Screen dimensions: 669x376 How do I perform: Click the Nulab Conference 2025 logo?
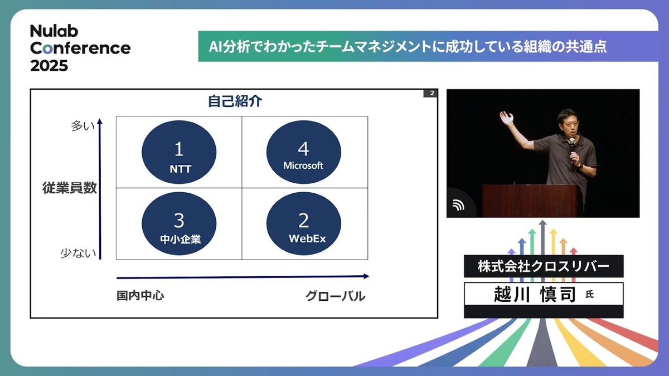point(80,48)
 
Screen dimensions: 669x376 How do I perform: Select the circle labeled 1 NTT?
point(179,152)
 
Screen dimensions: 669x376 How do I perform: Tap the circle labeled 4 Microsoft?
point(303,152)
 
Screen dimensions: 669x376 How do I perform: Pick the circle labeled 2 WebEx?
point(303,223)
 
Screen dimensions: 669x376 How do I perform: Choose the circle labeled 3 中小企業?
point(179,223)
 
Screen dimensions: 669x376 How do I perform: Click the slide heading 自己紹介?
point(235,101)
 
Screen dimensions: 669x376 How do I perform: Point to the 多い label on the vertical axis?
point(83,126)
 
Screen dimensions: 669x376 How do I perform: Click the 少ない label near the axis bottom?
point(78,253)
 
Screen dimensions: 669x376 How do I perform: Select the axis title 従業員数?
point(69,188)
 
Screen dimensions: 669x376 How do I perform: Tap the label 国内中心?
point(140,295)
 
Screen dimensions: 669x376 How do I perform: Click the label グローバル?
point(335,296)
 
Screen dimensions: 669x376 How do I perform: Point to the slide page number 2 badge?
point(430,94)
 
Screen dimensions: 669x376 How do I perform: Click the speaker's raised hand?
point(507,118)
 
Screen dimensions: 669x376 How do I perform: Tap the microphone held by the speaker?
point(572,151)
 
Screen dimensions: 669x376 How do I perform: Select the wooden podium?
point(532,201)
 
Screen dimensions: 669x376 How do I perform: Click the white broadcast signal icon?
point(458,205)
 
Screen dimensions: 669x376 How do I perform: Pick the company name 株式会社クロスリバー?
point(544,266)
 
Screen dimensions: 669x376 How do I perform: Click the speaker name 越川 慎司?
point(535,294)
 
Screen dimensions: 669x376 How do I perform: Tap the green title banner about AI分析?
point(428,47)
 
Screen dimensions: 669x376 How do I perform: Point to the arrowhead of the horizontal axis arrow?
point(366,276)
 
